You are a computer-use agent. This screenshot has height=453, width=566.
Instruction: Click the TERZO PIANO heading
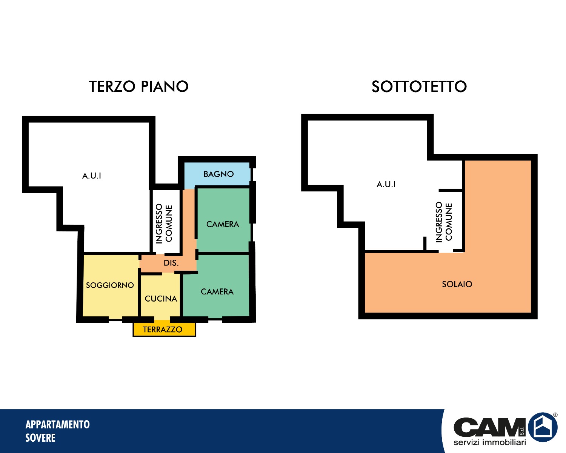click(x=138, y=86)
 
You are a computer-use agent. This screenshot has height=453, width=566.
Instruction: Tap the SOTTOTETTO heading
click(x=419, y=86)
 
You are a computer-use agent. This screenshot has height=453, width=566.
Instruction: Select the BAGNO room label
click(x=218, y=174)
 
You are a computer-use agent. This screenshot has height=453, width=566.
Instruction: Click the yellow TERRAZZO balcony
click(x=164, y=329)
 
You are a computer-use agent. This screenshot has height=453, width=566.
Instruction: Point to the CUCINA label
click(x=161, y=299)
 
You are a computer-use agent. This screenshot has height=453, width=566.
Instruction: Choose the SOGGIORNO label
click(x=110, y=285)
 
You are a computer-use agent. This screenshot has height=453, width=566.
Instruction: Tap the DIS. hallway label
click(x=171, y=263)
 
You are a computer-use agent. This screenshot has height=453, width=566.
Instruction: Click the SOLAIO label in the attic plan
click(x=457, y=284)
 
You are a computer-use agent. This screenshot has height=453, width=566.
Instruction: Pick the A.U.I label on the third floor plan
click(x=92, y=176)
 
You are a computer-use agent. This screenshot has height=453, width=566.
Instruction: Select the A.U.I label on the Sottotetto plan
click(x=386, y=184)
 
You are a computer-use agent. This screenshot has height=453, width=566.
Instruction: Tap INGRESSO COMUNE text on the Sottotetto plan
click(x=443, y=222)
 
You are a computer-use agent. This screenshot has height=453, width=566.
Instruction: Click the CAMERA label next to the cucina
click(x=217, y=291)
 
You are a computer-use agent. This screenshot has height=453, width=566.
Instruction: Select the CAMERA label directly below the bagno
click(x=223, y=224)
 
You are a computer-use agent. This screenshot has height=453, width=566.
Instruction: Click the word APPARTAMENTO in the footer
click(x=58, y=424)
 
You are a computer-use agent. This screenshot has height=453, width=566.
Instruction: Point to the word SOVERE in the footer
click(x=40, y=438)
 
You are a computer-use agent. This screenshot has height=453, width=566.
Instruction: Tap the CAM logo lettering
click(x=489, y=427)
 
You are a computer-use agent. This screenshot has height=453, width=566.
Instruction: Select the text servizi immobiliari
click(x=490, y=442)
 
